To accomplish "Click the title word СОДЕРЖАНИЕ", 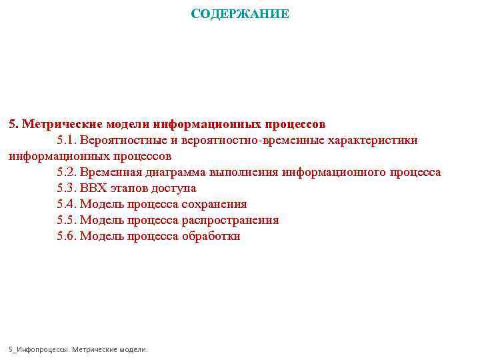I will pos(240,14).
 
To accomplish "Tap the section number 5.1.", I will pos(67,140).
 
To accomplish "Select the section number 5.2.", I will pos(67,172).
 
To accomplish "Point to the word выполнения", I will pos(245,172).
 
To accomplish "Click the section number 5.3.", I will pos(67,188).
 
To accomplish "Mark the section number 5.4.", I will pos(67,204).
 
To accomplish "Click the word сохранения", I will pos(215,204).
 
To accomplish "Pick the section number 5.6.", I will pos(67,236).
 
